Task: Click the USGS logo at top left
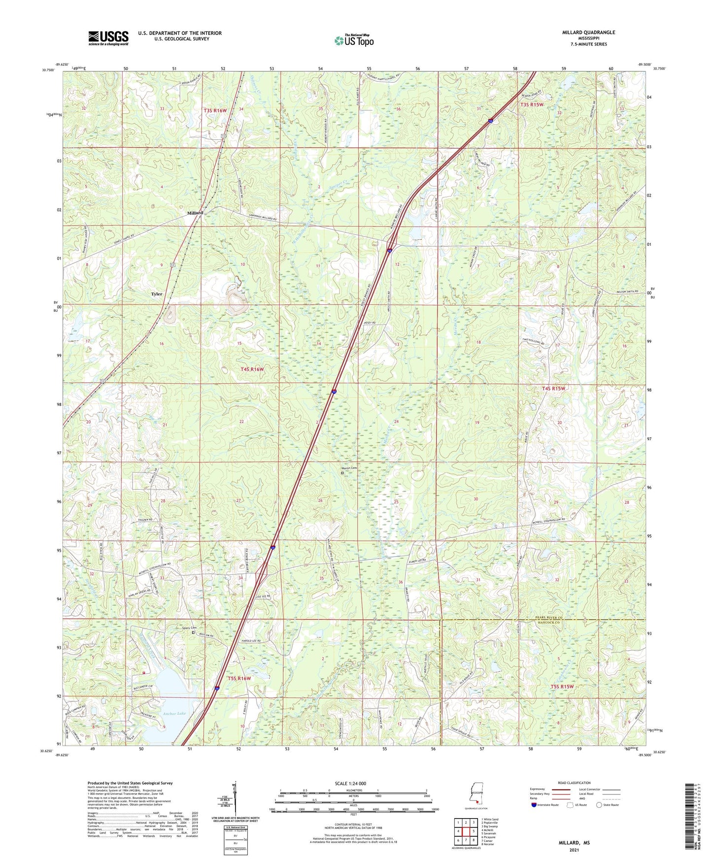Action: tap(108, 38)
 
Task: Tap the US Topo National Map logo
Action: tap(354, 40)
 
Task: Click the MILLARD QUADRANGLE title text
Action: tap(588, 33)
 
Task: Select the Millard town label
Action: tap(195, 213)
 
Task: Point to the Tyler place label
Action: tap(157, 294)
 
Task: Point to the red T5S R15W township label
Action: tap(562, 686)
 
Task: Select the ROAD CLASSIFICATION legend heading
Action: tap(574, 783)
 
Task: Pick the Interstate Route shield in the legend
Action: tap(535, 805)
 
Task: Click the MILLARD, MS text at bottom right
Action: tap(574, 843)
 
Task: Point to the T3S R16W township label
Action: tap(215, 111)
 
